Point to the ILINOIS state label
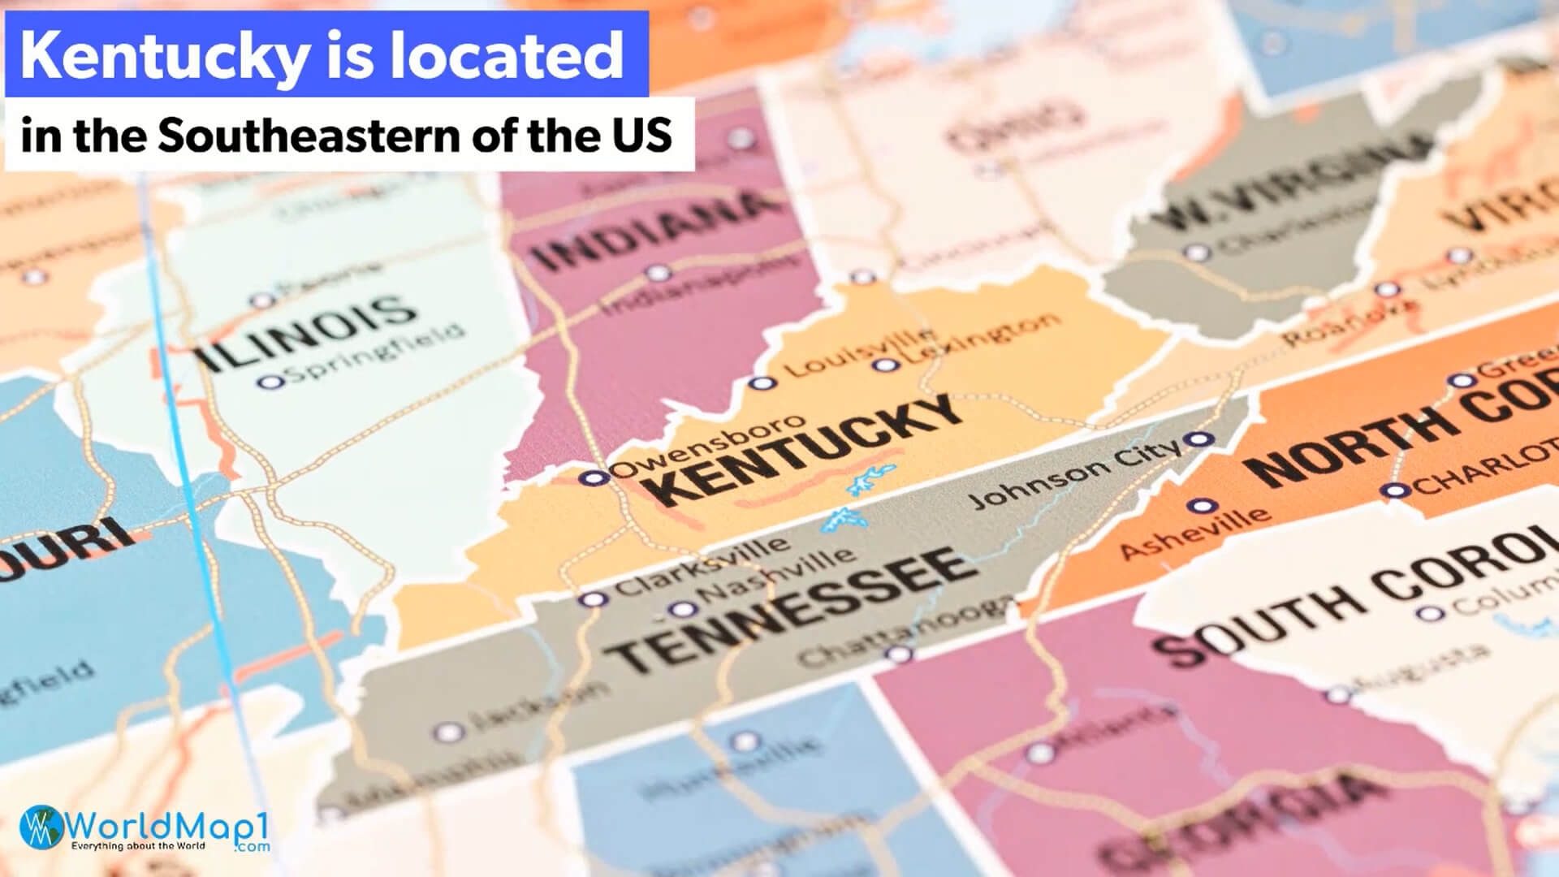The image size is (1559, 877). click(x=304, y=333)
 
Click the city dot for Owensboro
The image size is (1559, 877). click(x=594, y=477)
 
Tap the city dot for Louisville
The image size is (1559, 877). click(x=761, y=383)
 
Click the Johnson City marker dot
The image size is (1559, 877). click(x=1200, y=439)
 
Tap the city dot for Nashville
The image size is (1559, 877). click(x=682, y=610)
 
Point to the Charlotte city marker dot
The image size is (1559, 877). click(x=1394, y=490)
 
